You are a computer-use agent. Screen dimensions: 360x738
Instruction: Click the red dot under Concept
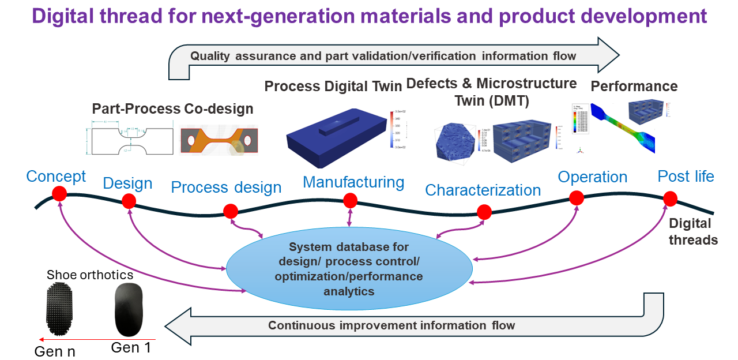59,194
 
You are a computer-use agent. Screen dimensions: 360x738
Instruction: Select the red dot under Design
129,201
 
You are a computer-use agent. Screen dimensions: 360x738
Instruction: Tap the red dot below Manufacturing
351,200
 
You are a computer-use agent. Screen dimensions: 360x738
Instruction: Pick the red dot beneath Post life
670,199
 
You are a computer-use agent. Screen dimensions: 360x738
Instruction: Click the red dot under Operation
577,198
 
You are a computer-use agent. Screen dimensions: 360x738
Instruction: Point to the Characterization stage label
483,190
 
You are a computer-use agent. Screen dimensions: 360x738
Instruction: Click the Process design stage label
226,187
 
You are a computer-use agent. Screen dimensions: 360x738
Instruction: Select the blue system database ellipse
349,269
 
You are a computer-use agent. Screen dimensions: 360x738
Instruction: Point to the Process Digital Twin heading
333,87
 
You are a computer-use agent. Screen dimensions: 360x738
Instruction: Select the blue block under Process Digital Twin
334,139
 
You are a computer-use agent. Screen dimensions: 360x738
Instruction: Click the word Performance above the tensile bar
634,87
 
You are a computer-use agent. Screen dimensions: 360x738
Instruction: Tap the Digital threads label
692,232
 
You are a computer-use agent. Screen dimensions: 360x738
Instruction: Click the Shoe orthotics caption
90,275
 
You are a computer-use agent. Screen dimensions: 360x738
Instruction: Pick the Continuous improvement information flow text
391,325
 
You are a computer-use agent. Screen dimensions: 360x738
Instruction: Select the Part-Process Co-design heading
172,109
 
